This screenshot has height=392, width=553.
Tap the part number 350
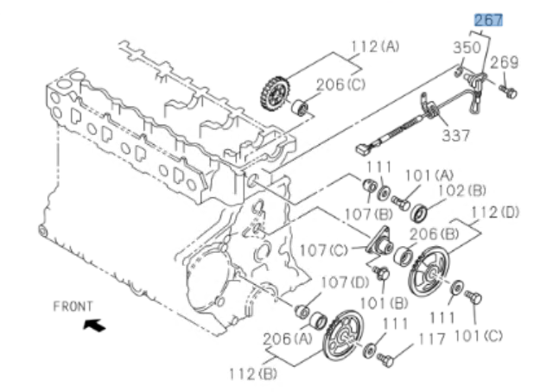pos(465,48)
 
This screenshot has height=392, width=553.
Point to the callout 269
pos(505,62)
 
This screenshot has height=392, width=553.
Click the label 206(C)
pos(340,84)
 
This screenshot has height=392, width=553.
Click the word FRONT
pos(73,306)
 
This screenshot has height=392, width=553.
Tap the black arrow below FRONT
pos(93,325)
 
